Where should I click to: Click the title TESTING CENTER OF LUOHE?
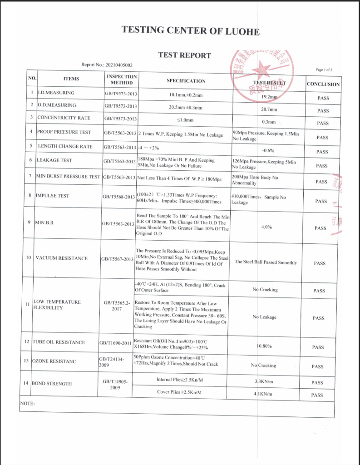191,31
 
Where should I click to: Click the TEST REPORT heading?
184,55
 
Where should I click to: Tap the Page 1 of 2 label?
324,70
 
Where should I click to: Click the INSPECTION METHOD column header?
122,79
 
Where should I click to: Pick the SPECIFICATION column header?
186,81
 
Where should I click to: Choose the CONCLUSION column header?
323,84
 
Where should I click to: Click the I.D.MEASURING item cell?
56,93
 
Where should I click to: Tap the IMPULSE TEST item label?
53,196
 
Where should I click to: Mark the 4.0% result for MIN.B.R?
267,227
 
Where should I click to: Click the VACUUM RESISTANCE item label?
61,258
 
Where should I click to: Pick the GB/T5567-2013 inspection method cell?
117,259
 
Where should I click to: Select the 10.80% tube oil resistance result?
264,346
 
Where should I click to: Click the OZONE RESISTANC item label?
54,361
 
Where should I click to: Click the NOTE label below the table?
27,403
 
